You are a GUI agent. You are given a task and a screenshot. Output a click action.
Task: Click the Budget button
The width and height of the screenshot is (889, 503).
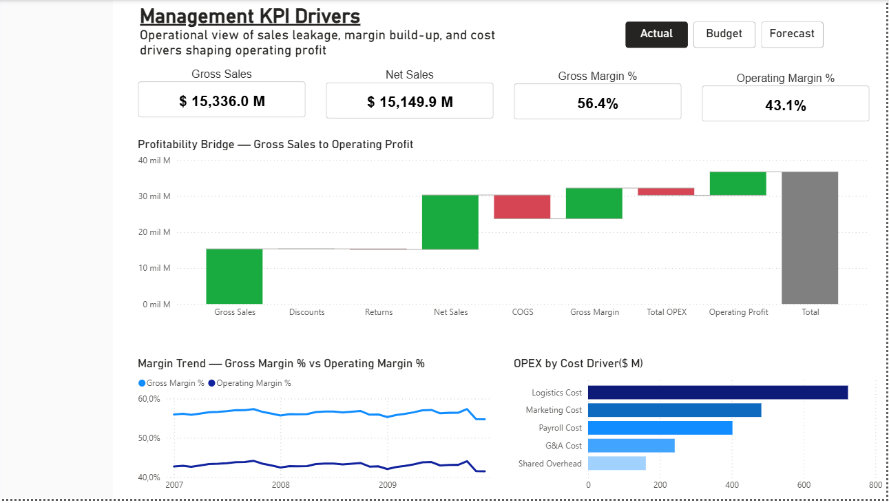[x=724, y=34]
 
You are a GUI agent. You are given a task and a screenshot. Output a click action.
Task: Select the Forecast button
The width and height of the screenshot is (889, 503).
[x=792, y=34]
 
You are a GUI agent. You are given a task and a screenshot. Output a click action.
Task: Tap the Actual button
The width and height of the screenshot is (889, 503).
[x=656, y=34]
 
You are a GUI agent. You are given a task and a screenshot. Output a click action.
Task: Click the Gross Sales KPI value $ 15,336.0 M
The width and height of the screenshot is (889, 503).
[x=222, y=101]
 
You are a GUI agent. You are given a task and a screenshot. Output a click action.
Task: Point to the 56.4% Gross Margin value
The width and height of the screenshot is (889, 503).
[x=597, y=104]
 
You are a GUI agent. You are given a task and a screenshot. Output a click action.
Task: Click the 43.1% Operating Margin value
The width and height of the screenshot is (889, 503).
[x=785, y=105]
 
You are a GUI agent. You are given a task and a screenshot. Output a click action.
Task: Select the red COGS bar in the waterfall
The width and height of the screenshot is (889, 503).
[x=522, y=207]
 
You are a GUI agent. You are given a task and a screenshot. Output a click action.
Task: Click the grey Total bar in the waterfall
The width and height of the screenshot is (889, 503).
[x=810, y=238]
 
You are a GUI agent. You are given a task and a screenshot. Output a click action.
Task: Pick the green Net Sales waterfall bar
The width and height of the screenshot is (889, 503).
[x=450, y=222]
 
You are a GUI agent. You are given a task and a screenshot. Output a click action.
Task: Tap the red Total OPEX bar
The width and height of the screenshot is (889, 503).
[x=666, y=192]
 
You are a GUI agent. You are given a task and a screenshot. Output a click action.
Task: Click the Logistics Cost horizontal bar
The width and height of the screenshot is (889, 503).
[x=718, y=392]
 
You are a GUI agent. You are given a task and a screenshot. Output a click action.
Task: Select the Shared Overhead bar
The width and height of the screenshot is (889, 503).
[x=616, y=463]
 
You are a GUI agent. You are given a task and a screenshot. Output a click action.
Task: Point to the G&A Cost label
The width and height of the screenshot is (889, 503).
[x=564, y=446]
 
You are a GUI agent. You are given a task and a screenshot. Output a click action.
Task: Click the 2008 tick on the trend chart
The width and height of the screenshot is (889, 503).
[x=281, y=484]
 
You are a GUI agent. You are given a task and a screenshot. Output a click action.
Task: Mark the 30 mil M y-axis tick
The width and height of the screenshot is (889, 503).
[x=156, y=196]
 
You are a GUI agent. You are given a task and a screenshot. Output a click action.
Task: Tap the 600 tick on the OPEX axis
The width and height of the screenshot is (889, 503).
[x=804, y=484]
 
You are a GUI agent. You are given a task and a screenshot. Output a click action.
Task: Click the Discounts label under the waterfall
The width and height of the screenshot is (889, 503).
[x=306, y=312]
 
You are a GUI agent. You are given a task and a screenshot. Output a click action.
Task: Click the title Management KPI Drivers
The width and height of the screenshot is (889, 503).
[x=250, y=17]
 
